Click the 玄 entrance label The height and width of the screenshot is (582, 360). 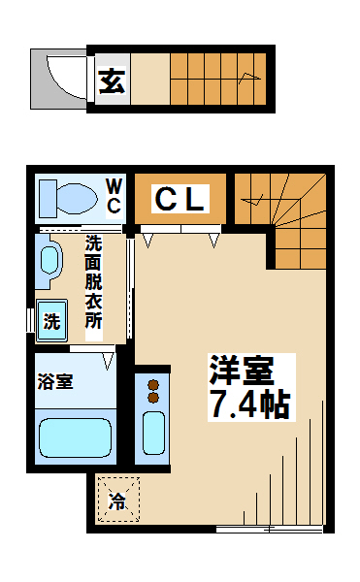(112, 81)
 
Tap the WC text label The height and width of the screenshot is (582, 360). (114, 196)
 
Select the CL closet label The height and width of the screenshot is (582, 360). (180, 199)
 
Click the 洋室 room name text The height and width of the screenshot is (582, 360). (242, 371)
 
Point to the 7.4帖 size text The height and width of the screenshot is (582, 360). (249, 404)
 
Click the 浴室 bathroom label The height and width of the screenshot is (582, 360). (55, 381)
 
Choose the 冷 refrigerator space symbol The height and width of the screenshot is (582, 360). (118, 500)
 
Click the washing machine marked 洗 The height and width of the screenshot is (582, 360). (52, 320)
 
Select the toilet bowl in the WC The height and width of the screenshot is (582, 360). (77, 198)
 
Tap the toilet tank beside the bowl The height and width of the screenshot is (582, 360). (49, 199)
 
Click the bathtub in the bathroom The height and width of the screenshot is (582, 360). (75, 438)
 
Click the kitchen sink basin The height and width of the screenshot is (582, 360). (153, 433)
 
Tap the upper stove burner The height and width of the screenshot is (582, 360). (153, 385)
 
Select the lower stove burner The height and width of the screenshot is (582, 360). (153, 398)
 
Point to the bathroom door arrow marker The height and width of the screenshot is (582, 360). (108, 361)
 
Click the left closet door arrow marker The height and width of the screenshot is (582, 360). (148, 241)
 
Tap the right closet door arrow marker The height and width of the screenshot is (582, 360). (213, 241)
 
